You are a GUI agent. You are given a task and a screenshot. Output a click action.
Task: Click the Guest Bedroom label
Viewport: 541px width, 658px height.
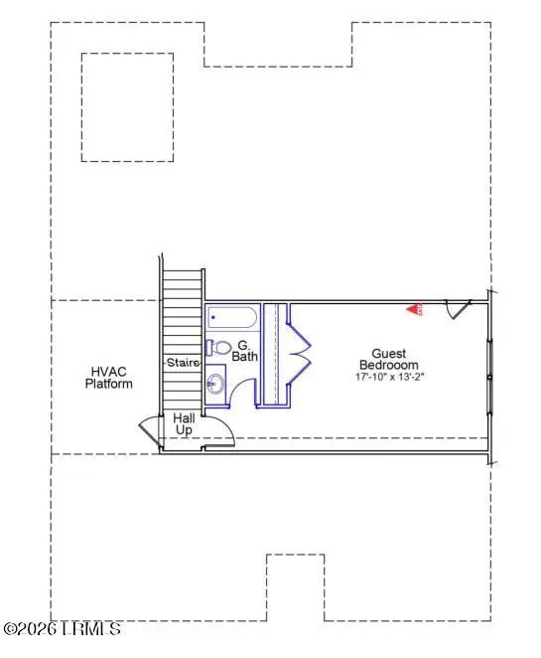[388, 359]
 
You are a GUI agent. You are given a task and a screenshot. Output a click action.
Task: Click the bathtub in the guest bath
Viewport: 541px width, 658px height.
[232, 319]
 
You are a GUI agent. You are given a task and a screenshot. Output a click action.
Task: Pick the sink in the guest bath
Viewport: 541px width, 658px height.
[215, 384]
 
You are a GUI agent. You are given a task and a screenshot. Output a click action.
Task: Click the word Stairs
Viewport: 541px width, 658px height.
[183, 362]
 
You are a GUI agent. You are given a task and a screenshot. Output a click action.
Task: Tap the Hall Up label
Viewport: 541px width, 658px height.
[185, 424]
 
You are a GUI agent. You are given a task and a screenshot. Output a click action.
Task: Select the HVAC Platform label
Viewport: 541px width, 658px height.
[108, 377]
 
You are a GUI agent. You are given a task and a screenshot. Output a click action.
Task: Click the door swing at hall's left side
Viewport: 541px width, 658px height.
[147, 431]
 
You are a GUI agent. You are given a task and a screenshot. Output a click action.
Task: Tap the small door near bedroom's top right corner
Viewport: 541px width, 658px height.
[456, 310]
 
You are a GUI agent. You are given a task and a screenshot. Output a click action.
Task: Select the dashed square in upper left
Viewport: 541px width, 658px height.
[129, 107]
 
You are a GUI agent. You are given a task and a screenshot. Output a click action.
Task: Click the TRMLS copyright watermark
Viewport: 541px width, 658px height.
[62, 629]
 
